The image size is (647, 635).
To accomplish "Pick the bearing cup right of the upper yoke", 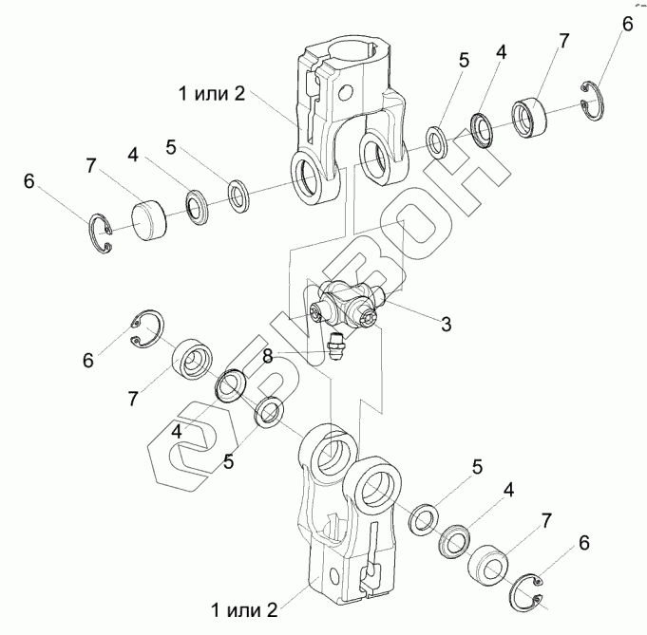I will point(532,116).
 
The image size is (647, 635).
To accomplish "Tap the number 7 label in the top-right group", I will point(563,40).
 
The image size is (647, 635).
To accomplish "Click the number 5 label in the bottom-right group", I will point(478,466).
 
